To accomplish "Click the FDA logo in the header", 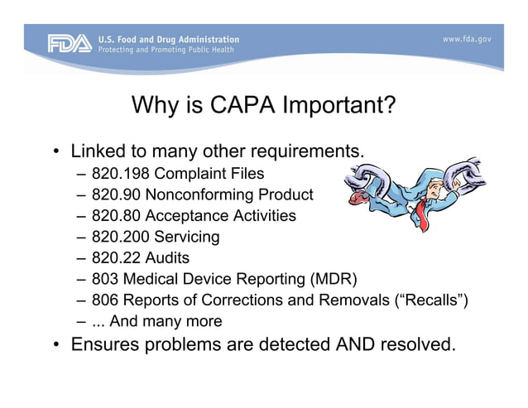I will (x=69, y=44).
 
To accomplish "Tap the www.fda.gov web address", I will (x=468, y=39).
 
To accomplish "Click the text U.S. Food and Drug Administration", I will (x=168, y=39).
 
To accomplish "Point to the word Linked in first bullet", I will (x=98, y=152).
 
